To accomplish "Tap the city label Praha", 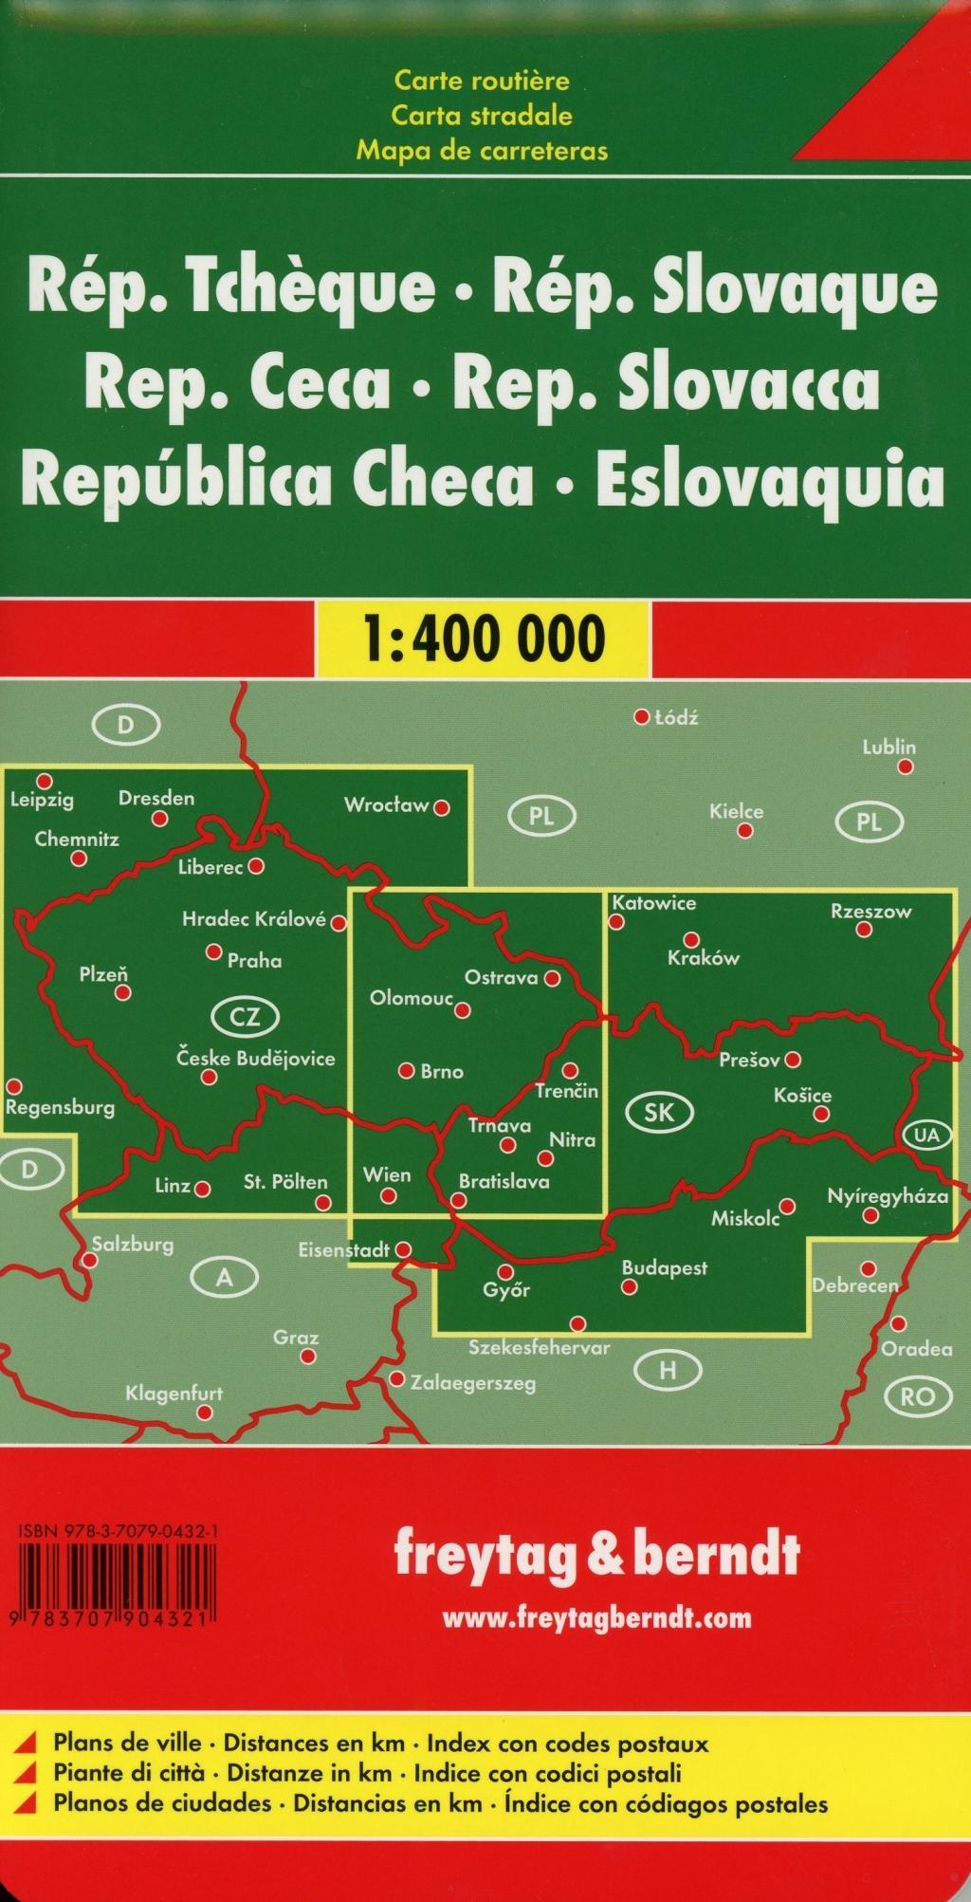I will click(254, 960).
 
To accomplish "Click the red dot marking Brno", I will click(406, 1071).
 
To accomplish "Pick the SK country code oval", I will click(659, 1113).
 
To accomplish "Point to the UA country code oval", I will click(926, 1136).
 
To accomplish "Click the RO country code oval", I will click(917, 1395).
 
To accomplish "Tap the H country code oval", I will click(668, 1370).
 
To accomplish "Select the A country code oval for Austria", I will click(225, 1278).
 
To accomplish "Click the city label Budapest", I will click(664, 1268).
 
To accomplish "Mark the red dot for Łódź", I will click(642, 717).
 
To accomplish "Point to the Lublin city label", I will click(889, 747).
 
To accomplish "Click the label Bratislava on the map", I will click(504, 1182).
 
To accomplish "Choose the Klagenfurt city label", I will click(174, 1394).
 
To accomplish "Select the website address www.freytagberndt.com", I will click(596, 1617).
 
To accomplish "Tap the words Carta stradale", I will click(482, 116).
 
